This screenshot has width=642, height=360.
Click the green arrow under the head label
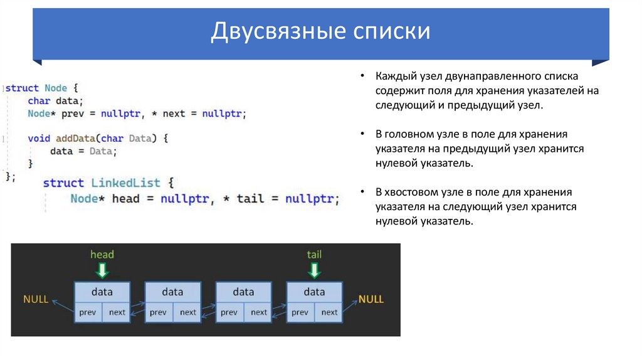tap(102, 270)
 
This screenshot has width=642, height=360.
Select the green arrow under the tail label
tap(314, 270)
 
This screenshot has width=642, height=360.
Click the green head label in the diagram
tap(102, 254)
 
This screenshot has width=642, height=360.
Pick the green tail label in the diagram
tap(314, 254)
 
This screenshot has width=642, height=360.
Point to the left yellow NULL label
tap(36, 299)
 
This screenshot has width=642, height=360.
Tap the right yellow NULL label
tap(371, 299)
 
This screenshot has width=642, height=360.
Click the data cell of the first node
tap(102, 292)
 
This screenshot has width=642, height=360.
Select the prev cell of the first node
tap(88, 312)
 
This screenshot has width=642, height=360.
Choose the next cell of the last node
tap(329, 312)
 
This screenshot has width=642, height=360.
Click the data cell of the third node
tap(243, 292)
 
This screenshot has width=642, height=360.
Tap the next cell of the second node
tap(188, 312)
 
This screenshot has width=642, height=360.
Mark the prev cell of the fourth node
tap(300, 312)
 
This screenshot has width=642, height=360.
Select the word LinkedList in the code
tap(125, 183)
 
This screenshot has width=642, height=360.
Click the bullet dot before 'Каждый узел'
tap(363, 76)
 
